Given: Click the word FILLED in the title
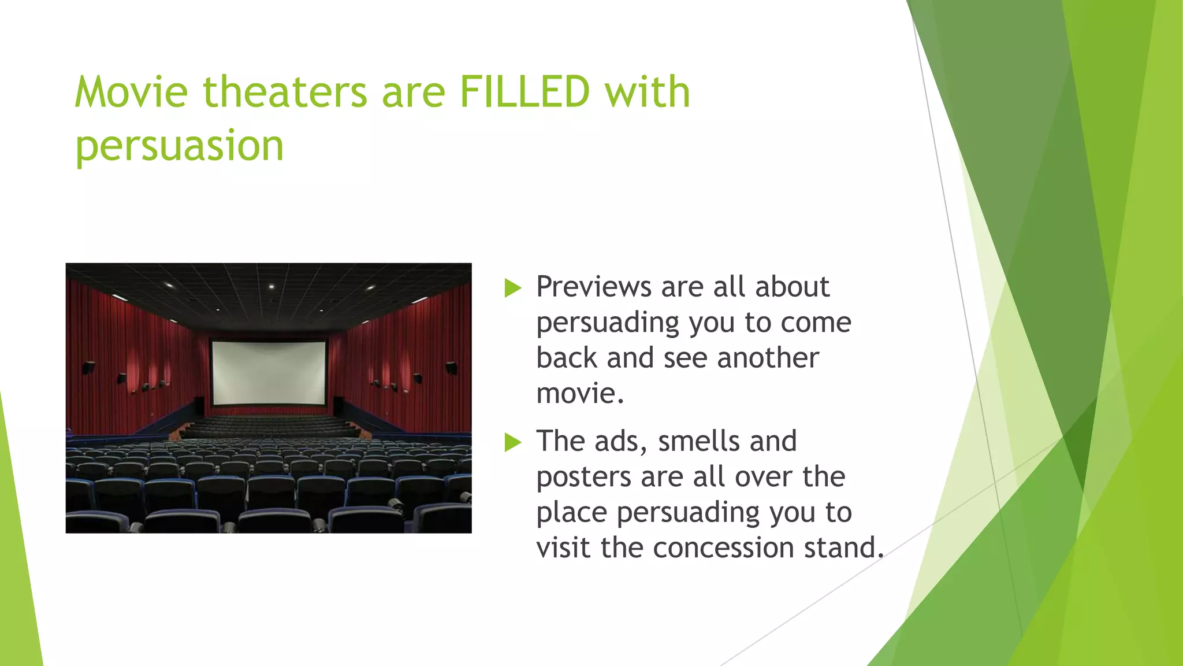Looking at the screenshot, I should click(524, 92).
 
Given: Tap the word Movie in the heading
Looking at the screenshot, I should click(131, 92).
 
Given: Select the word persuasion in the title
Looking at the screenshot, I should click(179, 146).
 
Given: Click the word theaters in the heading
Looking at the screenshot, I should click(285, 92).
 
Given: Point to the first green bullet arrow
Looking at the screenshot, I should click(512, 288).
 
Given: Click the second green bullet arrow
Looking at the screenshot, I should click(512, 442).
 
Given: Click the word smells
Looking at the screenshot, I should click(698, 442).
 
